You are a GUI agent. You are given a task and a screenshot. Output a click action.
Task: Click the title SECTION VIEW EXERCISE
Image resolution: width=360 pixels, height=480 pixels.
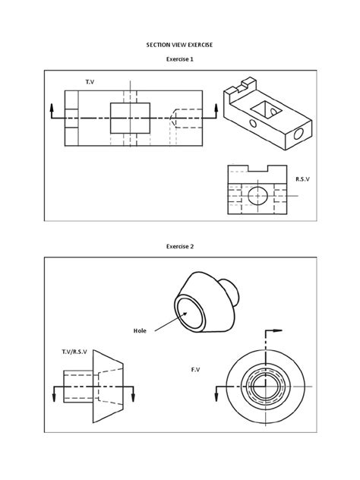click(179, 45)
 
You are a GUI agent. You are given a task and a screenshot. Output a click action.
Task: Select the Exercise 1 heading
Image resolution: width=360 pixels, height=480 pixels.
click(179, 59)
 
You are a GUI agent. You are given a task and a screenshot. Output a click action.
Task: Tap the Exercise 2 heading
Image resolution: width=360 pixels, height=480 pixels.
click(179, 246)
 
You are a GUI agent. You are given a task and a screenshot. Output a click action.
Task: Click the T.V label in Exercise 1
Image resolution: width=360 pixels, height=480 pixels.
click(90, 80)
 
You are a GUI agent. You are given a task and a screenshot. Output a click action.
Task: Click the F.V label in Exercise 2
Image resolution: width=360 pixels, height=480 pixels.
click(196, 370)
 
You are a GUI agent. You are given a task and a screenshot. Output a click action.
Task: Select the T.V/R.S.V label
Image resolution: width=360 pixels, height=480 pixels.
click(74, 353)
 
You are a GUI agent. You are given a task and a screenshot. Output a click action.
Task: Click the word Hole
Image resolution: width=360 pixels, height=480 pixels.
click(140, 331)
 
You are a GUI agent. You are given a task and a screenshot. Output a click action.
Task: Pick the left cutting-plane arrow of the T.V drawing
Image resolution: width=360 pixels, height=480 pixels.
click(51, 110)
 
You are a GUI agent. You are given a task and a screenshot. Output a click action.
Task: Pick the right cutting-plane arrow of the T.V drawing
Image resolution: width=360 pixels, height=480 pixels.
click(217, 110)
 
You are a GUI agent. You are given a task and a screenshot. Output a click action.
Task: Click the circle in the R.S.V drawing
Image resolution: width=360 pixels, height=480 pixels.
click(259, 195)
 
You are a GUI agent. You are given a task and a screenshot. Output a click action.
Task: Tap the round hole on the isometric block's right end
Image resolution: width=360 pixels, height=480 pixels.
click(298, 134)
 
